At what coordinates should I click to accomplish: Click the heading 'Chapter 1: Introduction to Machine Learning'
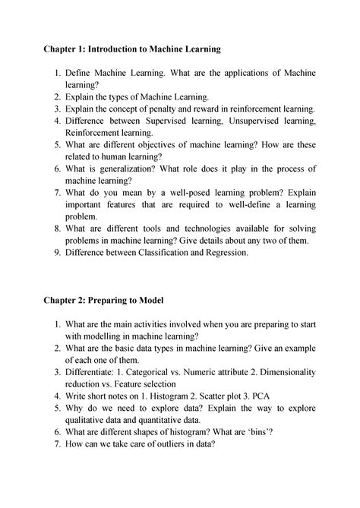tap(131, 49)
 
